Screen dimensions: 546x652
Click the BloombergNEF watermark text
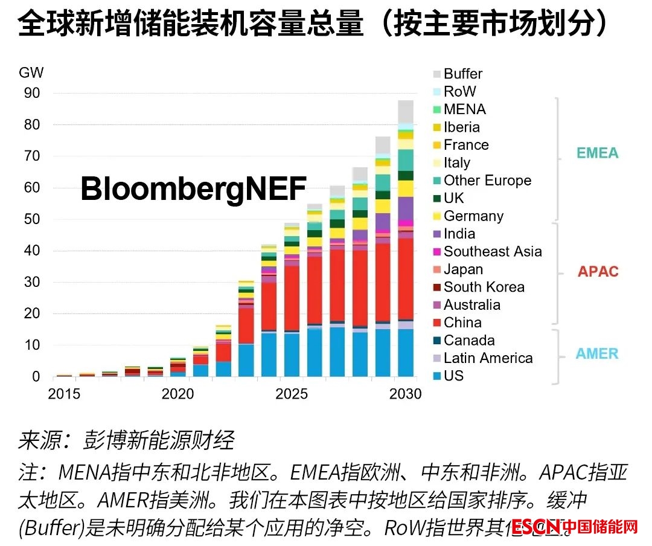(193, 189)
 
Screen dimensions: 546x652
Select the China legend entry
(462, 323)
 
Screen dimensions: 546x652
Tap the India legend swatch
(436, 234)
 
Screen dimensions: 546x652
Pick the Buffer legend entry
(462, 74)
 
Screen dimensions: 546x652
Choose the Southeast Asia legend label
(493, 252)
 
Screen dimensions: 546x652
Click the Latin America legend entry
(488, 358)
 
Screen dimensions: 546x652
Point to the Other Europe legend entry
(487, 181)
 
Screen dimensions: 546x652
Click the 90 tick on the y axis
(32, 93)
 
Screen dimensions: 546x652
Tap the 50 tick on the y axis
(32, 219)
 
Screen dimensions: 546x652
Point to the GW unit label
(31, 74)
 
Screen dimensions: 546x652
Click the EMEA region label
(598, 153)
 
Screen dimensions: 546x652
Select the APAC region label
(598, 271)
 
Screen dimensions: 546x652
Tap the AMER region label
(598, 354)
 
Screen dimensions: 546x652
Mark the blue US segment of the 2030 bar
(406, 353)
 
